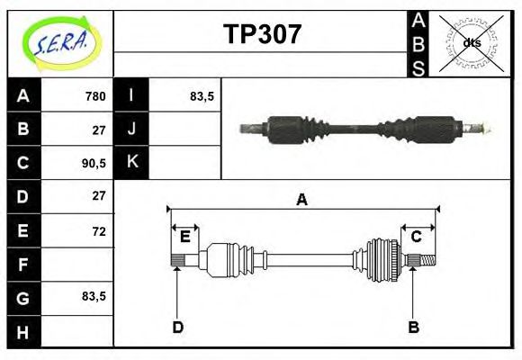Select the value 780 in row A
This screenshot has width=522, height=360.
[94, 96]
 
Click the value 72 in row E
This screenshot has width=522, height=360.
[97, 231]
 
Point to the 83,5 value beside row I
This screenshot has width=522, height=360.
[202, 96]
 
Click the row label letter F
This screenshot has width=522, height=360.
[23, 264]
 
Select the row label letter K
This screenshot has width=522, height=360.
[132, 162]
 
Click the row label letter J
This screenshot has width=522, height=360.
[132, 129]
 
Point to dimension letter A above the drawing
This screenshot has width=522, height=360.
[302, 200]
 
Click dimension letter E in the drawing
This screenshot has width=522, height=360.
[184, 237]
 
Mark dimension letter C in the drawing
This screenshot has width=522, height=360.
[417, 237]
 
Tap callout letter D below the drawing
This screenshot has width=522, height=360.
[178, 327]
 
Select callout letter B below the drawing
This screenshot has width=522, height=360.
[413, 327]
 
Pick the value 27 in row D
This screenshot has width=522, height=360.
[98, 195]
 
